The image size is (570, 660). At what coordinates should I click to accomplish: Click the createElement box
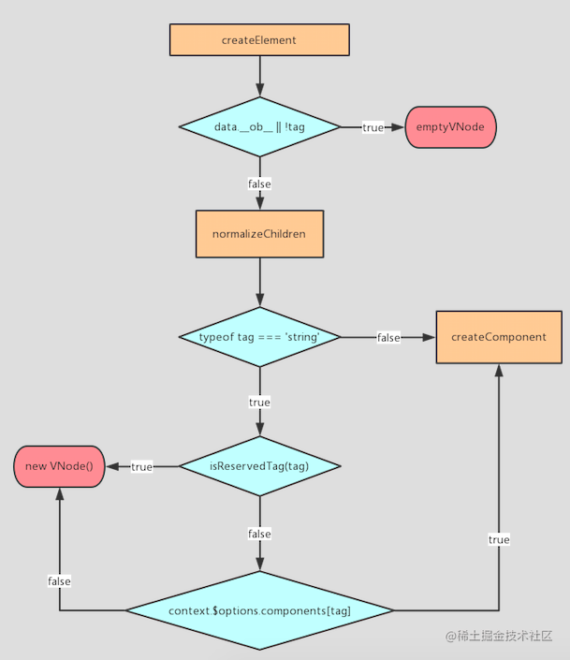coord(259,39)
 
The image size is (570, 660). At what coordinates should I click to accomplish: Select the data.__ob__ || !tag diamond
coord(260,126)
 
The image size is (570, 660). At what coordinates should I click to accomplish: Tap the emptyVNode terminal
coord(450,126)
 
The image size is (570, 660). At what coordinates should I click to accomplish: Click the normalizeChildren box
coord(260,234)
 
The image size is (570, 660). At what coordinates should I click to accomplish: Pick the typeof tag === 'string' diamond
coord(260,337)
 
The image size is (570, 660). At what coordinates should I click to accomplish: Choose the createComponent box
coord(499,337)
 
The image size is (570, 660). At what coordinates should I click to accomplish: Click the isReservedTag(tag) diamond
coord(260,466)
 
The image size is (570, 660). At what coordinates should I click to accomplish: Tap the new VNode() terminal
coord(59,466)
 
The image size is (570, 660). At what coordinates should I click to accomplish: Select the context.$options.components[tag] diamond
coord(260,610)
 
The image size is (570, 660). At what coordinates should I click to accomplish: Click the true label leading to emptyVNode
coord(373,127)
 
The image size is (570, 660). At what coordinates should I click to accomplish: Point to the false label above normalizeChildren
coord(259,183)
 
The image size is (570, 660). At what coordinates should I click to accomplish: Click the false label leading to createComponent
coord(388,338)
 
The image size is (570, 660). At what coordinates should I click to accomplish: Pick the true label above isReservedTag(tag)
coord(259,403)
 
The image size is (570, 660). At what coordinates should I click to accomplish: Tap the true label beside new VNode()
coord(142,467)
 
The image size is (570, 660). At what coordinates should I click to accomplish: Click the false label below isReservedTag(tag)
coord(259,535)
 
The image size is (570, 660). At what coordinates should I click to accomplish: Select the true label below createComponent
coord(499,539)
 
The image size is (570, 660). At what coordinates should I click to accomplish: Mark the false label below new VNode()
coord(59,581)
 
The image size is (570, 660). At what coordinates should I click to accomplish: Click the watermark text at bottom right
coord(499,635)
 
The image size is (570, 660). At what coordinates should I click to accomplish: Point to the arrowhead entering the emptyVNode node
coord(398,126)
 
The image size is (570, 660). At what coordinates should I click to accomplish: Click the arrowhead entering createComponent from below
coord(499,371)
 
